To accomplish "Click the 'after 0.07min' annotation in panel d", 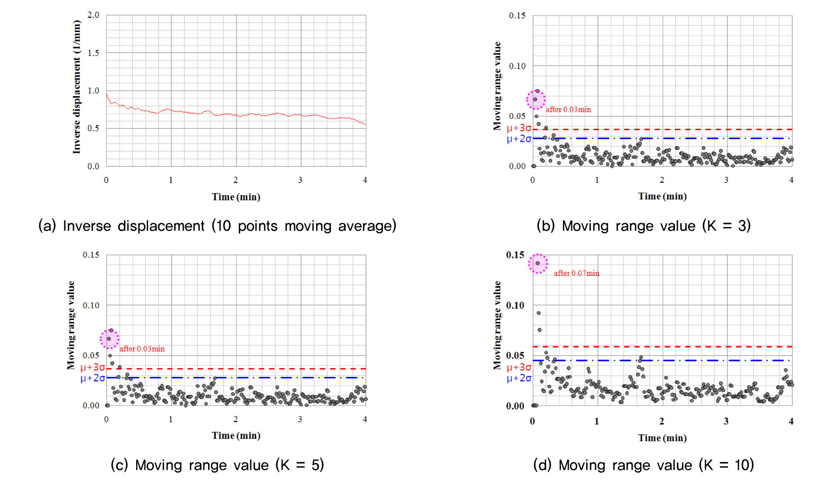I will click(576, 273).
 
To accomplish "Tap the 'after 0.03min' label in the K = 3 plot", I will click(568, 109).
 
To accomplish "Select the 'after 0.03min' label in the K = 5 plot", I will click(142, 349).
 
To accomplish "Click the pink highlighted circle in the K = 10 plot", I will click(538, 263).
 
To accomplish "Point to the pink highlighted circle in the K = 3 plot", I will click(536, 100).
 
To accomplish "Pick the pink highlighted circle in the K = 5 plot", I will click(110, 339).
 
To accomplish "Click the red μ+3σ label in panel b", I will click(519, 128).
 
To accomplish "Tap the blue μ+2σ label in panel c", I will click(93, 378).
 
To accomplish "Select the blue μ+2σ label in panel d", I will click(519, 378).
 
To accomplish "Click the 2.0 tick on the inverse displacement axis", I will click(93, 15).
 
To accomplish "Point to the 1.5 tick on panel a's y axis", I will click(93, 53).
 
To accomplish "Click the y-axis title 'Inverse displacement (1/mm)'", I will click(77, 87).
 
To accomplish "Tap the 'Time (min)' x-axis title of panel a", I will click(236, 197).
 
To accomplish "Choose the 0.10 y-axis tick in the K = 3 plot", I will click(517, 66).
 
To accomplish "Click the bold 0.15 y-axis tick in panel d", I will click(515, 255).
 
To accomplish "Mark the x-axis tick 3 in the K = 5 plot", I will click(300, 420).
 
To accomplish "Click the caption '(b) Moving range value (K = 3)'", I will click(643, 226).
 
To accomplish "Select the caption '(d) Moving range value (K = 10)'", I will click(643, 465).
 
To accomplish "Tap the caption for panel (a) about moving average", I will click(217, 226).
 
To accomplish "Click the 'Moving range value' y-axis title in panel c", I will click(71, 326).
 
